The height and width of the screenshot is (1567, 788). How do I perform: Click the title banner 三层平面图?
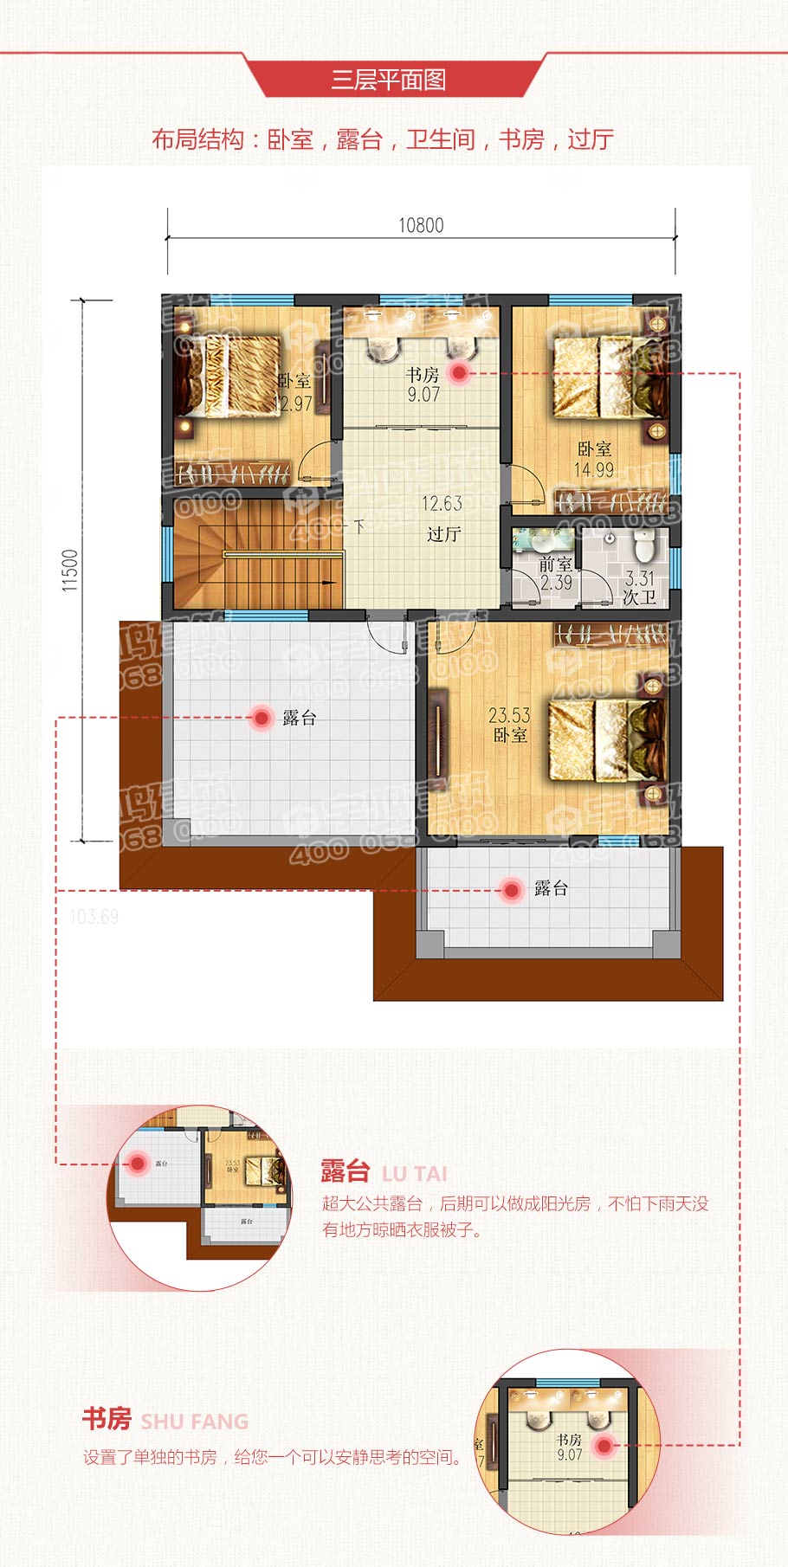click(389, 81)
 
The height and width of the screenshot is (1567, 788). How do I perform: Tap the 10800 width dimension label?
click(421, 225)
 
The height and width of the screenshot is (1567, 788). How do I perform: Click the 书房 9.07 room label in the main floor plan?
click(423, 384)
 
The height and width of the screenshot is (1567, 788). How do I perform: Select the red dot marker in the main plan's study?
click(459, 373)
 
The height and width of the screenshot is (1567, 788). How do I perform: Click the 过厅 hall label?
click(443, 534)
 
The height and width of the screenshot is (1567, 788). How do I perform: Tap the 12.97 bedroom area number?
click(293, 403)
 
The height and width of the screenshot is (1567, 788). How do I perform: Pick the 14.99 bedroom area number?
click(594, 470)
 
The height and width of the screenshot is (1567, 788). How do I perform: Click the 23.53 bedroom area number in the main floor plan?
click(509, 715)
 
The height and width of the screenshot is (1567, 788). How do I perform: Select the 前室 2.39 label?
click(555, 573)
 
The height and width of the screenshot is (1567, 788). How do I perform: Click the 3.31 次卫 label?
click(640, 588)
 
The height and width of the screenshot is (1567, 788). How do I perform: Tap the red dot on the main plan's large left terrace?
click(261, 717)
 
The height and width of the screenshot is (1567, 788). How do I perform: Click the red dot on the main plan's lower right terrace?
click(512, 889)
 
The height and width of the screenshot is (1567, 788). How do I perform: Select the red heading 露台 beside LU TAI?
click(346, 1171)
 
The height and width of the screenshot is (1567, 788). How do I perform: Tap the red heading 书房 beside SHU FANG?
click(107, 1419)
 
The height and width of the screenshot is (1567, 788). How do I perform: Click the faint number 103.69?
click(94, 917)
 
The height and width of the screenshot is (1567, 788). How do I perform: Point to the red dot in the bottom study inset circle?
click(604, 1445)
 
